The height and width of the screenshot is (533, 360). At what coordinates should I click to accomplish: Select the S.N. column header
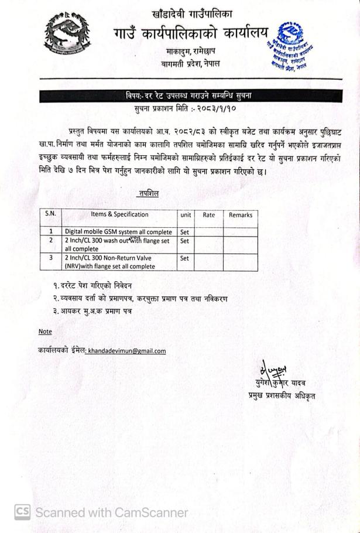51,214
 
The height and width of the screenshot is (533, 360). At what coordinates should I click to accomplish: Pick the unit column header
186,215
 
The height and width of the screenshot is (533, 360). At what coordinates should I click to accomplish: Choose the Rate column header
208,215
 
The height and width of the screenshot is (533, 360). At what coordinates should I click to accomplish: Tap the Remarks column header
240,215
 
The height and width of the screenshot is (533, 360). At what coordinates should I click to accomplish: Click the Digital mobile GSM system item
118,232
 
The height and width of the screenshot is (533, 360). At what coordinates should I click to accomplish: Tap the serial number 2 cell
51,240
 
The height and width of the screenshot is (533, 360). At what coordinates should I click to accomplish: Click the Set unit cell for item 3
185,258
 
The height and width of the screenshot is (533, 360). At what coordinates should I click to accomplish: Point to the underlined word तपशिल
148,193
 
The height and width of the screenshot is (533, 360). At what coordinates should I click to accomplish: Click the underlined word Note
45,332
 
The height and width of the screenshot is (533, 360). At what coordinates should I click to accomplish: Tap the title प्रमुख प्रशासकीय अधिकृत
281,396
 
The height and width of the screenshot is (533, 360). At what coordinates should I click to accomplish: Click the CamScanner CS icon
22,512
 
